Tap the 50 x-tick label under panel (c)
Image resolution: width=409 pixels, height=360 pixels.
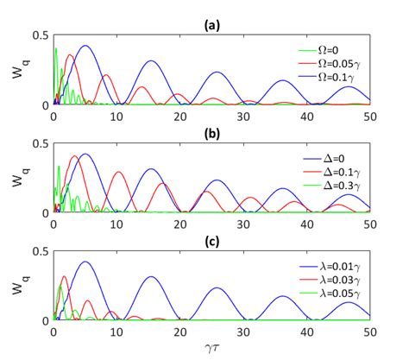368,332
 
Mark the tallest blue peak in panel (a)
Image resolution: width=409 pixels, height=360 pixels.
85,46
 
